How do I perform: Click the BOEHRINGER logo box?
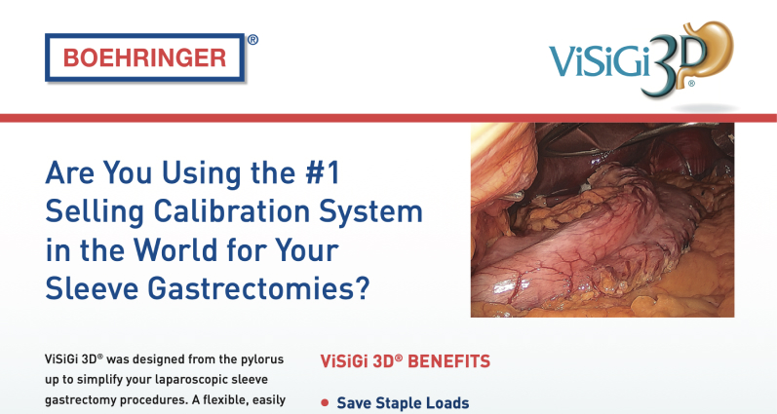(144, 57)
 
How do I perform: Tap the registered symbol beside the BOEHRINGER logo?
(253, 40)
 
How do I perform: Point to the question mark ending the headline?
(363, 287)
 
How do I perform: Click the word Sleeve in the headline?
(93, 288)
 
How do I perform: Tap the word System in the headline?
(370, 211)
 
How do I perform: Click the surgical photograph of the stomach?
(602, 220)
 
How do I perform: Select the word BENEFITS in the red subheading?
(448, 361)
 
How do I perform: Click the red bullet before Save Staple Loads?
(325, 403)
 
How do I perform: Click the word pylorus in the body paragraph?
(262, 359)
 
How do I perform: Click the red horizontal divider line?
(388, 118)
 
